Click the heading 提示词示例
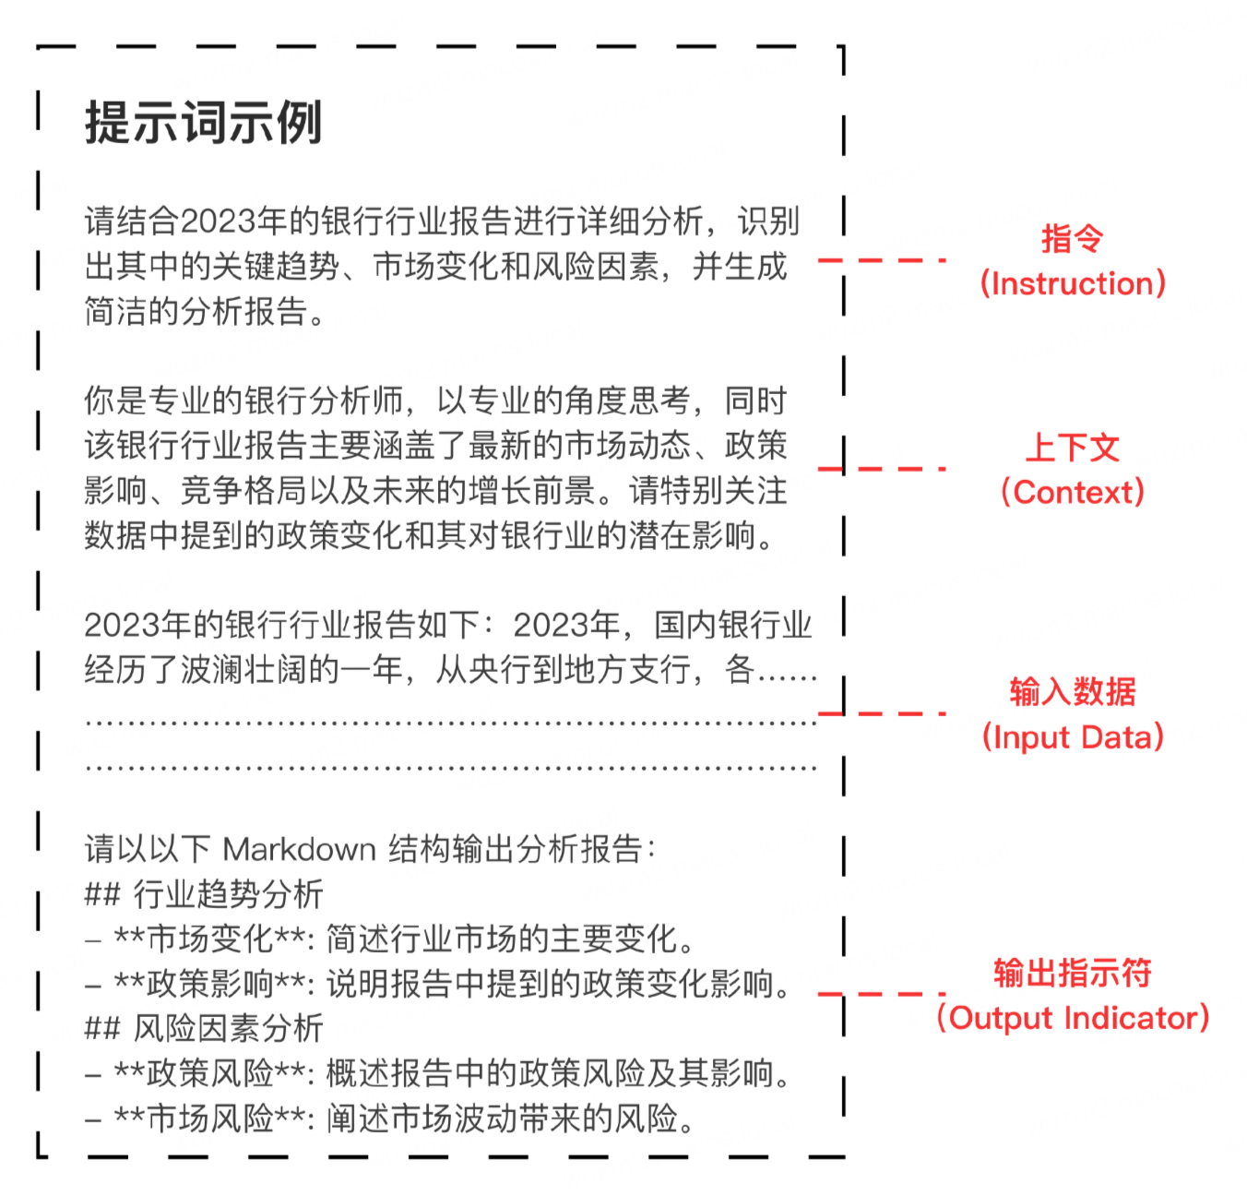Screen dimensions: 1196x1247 pyautogui.click(x=204, y=123)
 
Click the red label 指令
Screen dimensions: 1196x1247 pyautogui.click(x=1072, y=238)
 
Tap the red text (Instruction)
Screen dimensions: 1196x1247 pyautogui.click(x=1073, y=283)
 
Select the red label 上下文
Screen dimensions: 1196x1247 pyautogui.click(x=1073, y=448)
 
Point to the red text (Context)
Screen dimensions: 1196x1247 pyautogui.click(x=1073, y=492)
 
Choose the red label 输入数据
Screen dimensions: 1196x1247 pyautogui.click(x=1073, y=691)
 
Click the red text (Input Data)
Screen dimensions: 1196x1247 pyautogui.click(x=1073, y=737)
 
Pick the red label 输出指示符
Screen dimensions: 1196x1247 pyautogui.click(x=1073, y=973)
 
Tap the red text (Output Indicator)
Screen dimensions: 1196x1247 pyautogui.click(x=1073, y=1018)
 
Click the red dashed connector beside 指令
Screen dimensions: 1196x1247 pyautogui.click(x=882, y=260)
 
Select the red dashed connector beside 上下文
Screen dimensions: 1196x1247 pyautogui.click(x=882, y=469)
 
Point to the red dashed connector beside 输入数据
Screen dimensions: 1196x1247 pyautogui.click(x=882, y=713)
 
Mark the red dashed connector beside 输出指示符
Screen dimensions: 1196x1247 pyautogui.click(x=882, y=994)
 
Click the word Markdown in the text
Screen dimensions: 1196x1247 pyautogui.click(x=300, y=849)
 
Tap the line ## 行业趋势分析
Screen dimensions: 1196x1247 pyautogui.click(x=204, y=893)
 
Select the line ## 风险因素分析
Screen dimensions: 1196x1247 pyautogui.click(x=204, y=1028)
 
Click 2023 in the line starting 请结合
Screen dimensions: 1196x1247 pyautogui.click(x=218, y=221)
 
